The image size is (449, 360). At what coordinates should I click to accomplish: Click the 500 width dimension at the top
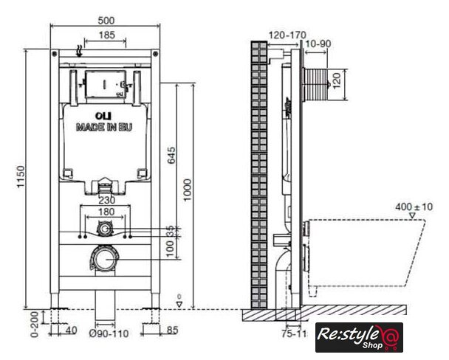coord(106,21)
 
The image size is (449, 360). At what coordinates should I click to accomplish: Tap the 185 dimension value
coord(107,35)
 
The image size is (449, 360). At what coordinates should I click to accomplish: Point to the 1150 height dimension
coord(21,176)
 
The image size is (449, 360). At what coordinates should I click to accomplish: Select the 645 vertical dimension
coord(171,155)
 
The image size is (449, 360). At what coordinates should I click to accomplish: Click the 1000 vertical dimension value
coord(187,190)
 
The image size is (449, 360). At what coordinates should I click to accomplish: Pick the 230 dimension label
coord(107,200)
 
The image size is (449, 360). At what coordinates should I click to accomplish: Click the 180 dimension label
coord(106,212)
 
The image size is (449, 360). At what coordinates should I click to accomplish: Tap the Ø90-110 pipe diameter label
coord(109,333)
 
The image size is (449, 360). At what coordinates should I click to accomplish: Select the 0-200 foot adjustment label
coord(35,325)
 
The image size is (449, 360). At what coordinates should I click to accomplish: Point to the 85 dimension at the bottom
coord(172,330)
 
